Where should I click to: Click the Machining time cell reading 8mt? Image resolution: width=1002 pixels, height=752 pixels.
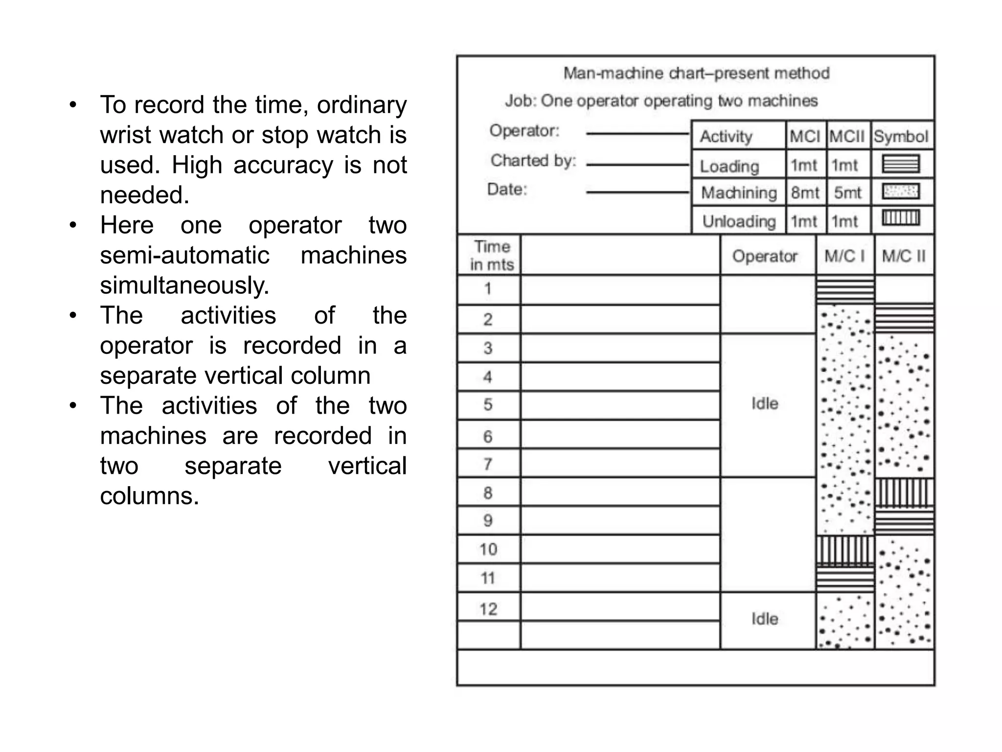(805, 192)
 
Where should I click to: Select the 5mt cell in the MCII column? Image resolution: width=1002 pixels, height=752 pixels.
(847, 192)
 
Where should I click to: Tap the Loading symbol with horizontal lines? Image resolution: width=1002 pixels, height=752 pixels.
(901, 164)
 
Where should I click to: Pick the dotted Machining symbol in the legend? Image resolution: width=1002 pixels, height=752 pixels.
(901, 191)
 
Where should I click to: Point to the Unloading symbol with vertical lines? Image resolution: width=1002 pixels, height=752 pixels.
(901, 218)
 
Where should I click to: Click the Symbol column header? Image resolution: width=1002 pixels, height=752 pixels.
(901, 136)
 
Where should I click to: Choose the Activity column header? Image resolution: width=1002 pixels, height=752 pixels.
(726, 136)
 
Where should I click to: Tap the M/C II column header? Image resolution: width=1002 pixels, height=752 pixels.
(904, 256)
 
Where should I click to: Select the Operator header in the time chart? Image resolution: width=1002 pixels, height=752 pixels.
(765, 256)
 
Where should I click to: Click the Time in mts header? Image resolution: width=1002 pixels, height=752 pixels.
(491, 256)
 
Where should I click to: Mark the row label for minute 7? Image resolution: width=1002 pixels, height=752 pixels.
(488, 464)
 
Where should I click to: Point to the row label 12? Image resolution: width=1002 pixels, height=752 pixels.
(488, 609)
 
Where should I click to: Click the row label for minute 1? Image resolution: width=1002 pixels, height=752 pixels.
(488, 288)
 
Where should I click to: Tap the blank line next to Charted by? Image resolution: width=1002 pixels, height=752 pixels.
(638, 165)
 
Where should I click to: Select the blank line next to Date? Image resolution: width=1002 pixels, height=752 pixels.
(638, 192)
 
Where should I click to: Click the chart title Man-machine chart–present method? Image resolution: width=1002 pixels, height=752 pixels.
(696, 73)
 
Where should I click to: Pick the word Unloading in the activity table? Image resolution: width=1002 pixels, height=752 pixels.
(739, 221)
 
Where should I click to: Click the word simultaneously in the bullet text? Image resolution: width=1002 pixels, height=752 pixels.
(184, 285)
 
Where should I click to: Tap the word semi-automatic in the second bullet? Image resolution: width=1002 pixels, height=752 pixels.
(184, 256)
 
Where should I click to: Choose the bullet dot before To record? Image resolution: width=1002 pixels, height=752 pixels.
(73, 105)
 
